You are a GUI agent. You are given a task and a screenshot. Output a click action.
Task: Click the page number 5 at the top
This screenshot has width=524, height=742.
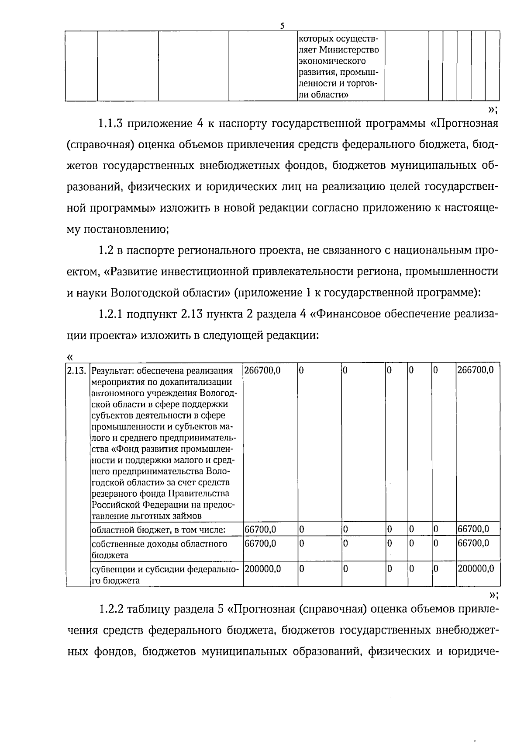point(282,26)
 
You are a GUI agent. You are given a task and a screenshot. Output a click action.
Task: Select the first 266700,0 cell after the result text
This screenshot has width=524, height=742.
point(262,371)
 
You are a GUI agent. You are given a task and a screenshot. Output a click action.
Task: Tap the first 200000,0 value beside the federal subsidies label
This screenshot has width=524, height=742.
point(263,569)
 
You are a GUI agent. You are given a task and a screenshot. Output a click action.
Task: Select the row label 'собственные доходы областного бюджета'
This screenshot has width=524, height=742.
point(159,549)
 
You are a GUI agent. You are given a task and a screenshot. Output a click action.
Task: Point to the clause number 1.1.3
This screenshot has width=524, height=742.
point(111,124)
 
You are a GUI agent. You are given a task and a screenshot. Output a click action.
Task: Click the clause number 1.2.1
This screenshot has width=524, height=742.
point(111,314)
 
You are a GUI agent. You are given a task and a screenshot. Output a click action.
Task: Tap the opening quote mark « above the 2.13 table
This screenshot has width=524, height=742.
point(70,356)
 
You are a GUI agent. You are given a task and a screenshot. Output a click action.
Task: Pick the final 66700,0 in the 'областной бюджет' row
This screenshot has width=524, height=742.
point(473,530)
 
